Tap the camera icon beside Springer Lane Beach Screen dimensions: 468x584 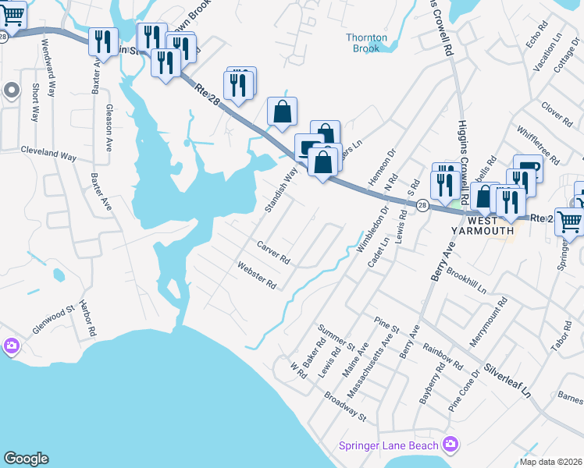pyautogui.click(x=450, y=445)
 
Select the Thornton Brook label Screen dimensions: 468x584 pyautogui.click(x=363, y=42)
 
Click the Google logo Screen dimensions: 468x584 pyautogui.click(x=26, y=459)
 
